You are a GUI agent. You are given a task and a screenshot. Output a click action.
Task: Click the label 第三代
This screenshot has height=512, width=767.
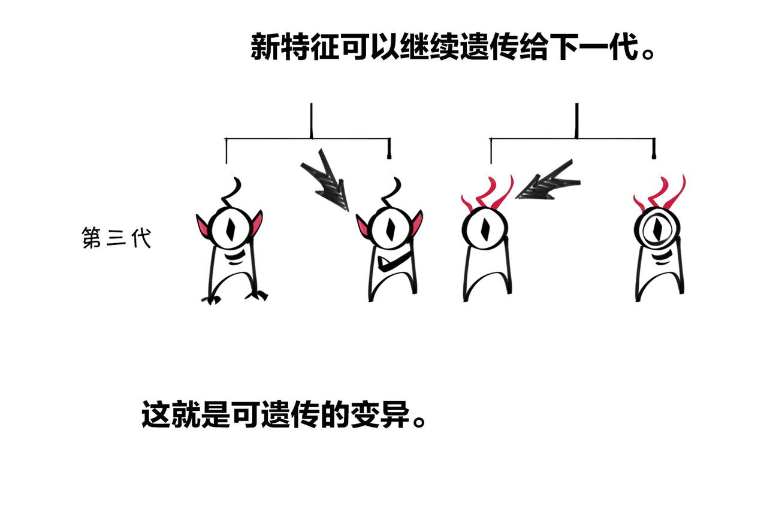[116, 238]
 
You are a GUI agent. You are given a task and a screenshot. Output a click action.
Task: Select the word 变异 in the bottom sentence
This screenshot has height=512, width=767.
[384, 414]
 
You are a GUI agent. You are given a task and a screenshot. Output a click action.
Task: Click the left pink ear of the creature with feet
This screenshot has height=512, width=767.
[204, 226]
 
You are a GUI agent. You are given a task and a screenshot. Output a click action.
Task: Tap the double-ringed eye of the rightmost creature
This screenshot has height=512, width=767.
[656, 229]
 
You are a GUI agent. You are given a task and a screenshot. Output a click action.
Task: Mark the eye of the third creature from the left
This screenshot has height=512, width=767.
[484, 228]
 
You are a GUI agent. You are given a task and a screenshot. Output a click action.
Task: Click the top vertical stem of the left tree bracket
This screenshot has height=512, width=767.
[311, 120]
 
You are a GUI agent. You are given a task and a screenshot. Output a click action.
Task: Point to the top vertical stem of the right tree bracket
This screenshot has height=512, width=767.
[576, 120]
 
